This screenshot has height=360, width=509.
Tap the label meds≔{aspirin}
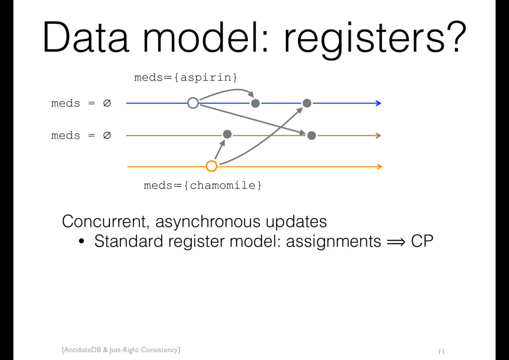pos(185,78)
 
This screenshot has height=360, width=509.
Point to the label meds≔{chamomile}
pos(203,185)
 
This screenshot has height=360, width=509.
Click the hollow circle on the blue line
pos(193,103)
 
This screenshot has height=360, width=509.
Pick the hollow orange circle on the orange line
pos(212,166)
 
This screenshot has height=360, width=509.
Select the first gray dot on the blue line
pos(255,103)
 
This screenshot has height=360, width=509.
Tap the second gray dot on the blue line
pos(307,103)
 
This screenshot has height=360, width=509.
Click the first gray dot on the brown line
pos(227,134)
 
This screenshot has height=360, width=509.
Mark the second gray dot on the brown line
pos(312,135)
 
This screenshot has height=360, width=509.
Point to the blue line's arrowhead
pos(378,103)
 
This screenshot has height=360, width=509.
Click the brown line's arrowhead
pos(378,135)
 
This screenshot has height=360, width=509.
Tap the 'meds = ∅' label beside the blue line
pos(81,103)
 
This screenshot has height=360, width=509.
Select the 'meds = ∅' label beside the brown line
pos(81,135)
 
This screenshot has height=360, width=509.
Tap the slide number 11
pos(441,352)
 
